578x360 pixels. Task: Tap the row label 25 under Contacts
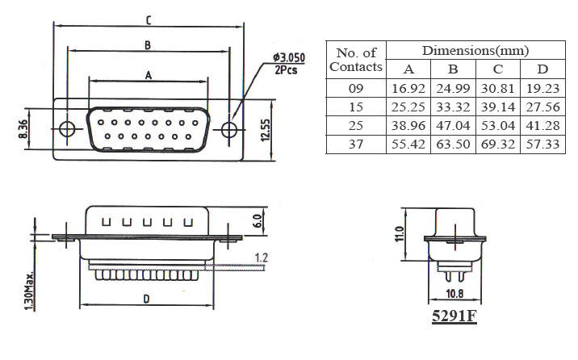(356, 126)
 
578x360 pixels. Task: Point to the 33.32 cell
(453, 107)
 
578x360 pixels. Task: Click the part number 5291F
(454, 316)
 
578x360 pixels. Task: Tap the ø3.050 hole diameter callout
(288, 58)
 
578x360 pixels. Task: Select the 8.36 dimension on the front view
(22, 128)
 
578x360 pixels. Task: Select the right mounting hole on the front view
(230, 130)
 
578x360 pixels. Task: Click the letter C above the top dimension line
(148, 19)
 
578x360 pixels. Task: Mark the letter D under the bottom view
(146, 299)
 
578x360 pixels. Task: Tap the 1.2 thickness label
(260, 257)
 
